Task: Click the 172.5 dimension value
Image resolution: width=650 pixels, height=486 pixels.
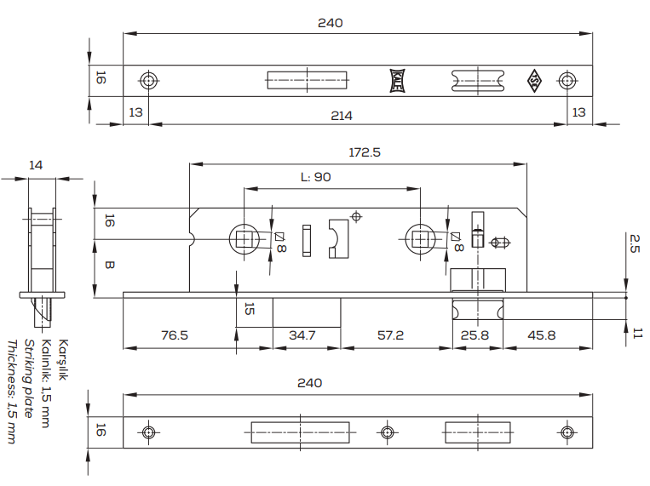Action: pos(365,152)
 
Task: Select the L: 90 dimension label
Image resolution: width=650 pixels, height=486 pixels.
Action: pos(316,177)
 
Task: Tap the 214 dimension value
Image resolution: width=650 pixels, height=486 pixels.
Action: pos(342,116)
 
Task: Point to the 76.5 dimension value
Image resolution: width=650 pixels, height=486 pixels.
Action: pos(175,334)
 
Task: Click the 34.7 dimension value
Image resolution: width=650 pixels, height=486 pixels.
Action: pos(302,334)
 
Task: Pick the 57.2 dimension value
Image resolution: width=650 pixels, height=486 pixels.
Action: pos(390,334)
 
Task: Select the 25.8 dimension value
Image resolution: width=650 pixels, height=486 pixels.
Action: pos(475,334)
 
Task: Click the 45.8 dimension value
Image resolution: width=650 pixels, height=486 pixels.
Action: pos(542,334)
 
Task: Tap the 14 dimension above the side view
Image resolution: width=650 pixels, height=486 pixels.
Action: pos(36,165)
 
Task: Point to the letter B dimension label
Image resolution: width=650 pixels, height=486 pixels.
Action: pos(109,265)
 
